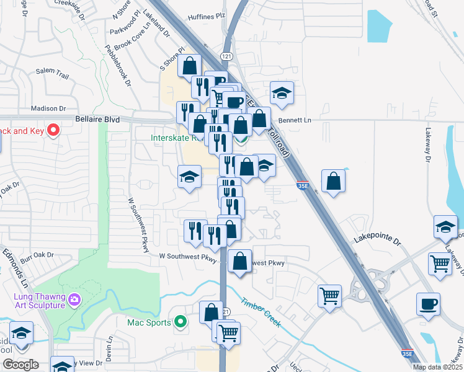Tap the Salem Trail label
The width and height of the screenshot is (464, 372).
point(53,73)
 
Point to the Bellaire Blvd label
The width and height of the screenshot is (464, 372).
point(96,118)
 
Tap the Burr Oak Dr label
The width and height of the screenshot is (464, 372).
point(38,255)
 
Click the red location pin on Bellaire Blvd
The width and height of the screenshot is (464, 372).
point(53,130)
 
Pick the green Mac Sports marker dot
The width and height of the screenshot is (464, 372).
point(181,322)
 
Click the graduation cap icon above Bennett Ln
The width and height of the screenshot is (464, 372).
point(282,93)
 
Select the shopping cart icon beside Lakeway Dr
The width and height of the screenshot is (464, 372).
point(440,263)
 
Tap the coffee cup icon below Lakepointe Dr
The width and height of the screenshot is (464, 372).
point(428,304)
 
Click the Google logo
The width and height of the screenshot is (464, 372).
point(20,365)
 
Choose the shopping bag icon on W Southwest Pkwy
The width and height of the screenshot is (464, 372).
point(239,261)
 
